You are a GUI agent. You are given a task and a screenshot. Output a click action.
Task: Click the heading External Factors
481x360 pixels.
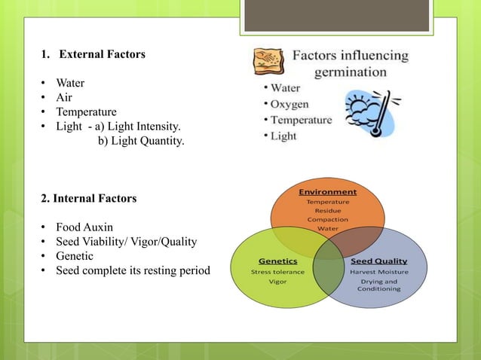click(102, 54)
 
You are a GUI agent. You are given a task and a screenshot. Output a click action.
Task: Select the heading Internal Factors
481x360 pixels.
click(89, 199)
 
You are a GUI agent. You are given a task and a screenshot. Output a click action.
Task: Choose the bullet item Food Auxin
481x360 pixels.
click(84, 227)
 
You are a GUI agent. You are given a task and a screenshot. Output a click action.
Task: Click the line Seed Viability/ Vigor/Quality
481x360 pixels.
click(126, 241)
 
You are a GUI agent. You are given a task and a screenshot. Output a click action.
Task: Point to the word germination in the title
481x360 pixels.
click(351, 72)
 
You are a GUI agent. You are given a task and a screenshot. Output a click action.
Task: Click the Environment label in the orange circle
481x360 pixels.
click(327, 191)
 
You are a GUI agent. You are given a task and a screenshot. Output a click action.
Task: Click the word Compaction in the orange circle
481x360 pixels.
click(327, 219)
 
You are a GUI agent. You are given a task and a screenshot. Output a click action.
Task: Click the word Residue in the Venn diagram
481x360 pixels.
click(327, 210)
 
